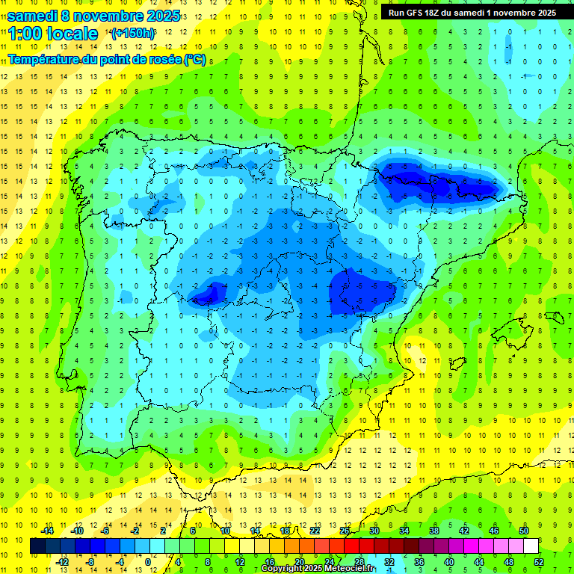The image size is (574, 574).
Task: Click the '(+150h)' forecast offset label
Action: (132, 34)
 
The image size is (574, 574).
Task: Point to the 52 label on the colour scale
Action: (539, 562)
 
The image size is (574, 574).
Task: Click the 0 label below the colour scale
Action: (147, 562)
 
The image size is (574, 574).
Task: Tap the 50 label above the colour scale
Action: (524, 531)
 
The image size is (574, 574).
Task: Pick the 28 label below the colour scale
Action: (359, 562)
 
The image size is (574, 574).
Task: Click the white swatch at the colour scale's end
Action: (531, 546)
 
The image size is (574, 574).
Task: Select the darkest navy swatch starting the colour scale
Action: (37, 546)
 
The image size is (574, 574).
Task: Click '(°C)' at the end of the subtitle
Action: (195, 58)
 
